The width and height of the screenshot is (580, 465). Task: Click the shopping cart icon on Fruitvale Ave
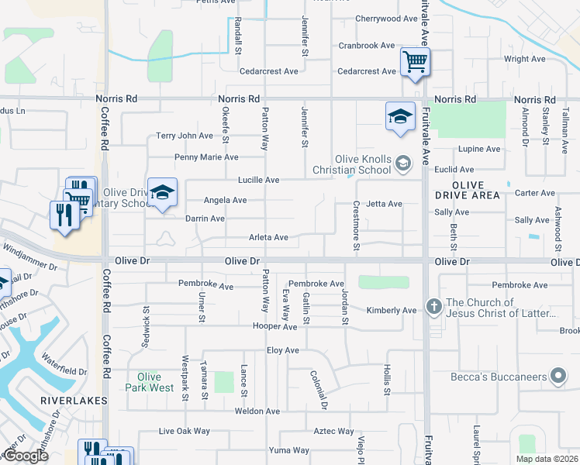point(415,62)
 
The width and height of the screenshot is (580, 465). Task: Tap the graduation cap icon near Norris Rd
point(400,117)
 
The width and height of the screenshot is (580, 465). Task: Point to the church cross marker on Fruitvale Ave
point(433,308)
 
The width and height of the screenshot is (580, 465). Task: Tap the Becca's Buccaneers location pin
point(558,377)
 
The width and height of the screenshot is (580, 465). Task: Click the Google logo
point(25,456)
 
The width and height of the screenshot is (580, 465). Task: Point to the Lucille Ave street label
point(259,180)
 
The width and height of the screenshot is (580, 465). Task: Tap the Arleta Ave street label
point(268,237)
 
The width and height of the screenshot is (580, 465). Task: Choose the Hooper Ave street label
point(274,326)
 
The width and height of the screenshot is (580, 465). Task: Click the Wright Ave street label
point(525,59)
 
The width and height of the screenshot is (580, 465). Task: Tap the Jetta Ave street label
point(384,204)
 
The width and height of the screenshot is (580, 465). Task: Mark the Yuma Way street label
point(288,450)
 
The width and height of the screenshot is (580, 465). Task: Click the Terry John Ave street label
point(184,136)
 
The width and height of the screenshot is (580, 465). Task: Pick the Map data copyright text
point(546,459)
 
